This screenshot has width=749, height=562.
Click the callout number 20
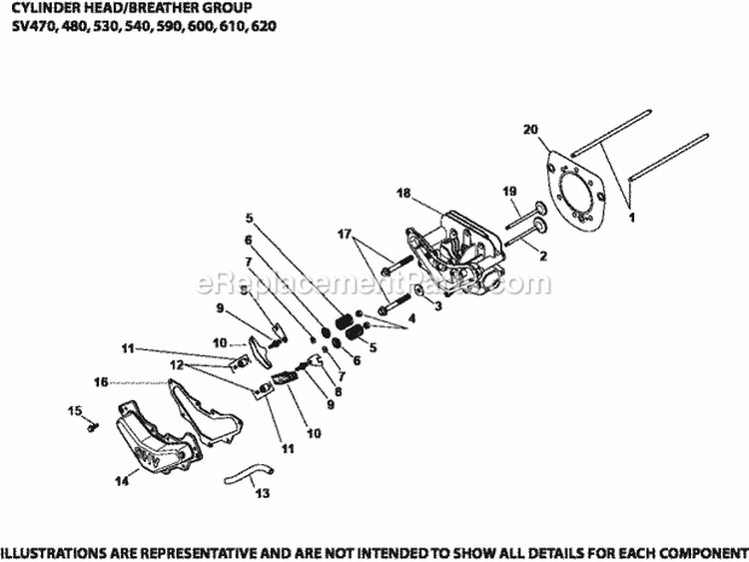pyautogui.click(x=529, y=129)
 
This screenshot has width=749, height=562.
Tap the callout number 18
pyautogui.click(x=403, y=195)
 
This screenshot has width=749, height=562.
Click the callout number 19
pyautogui.click(x=507, y=191)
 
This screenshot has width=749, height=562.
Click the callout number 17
pyautogui.click(x=347, y=235)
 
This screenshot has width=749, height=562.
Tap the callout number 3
pyautogui.click(x=437, y=308)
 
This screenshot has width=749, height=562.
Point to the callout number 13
pyautogui.click(x=263, y=493)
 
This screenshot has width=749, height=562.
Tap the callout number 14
pyautogui.click(x=121, y=481)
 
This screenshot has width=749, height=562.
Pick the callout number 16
pyautogui.click(x=100, y=380)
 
